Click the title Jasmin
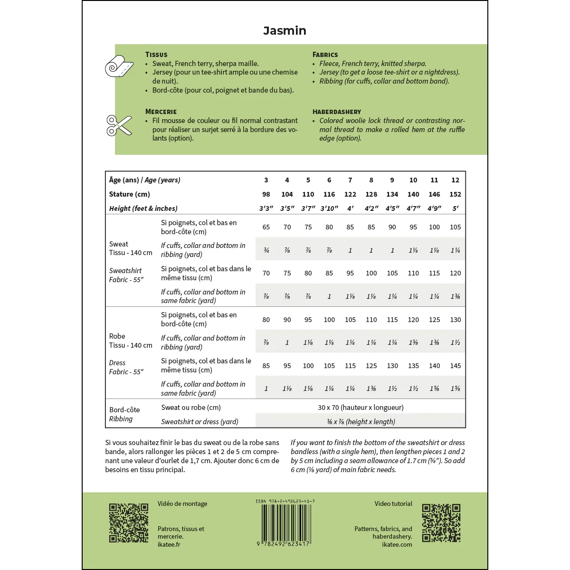[x=285, y=31]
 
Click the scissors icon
[x=119, y=125]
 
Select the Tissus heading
[x=156, y=55]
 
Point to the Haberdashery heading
[x=336, y=112]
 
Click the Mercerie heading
[x=161, y=112]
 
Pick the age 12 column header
[x=455, y=180]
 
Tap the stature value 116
[x=329, y=194]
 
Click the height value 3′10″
[x=329, y=209]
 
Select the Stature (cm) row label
[x=129, y=194]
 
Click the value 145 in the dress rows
[x=455, y=366]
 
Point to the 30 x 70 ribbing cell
[x=361, y=408]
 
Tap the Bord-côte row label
[x=124, y=410]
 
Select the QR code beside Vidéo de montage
[x=129, y=522]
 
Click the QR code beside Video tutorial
[x=441, y=522]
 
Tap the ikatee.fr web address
[x=169, y=544]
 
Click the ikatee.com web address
[x=397, y=544]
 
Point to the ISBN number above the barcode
[x=285, y=501]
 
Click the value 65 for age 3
[x=266, y=227]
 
